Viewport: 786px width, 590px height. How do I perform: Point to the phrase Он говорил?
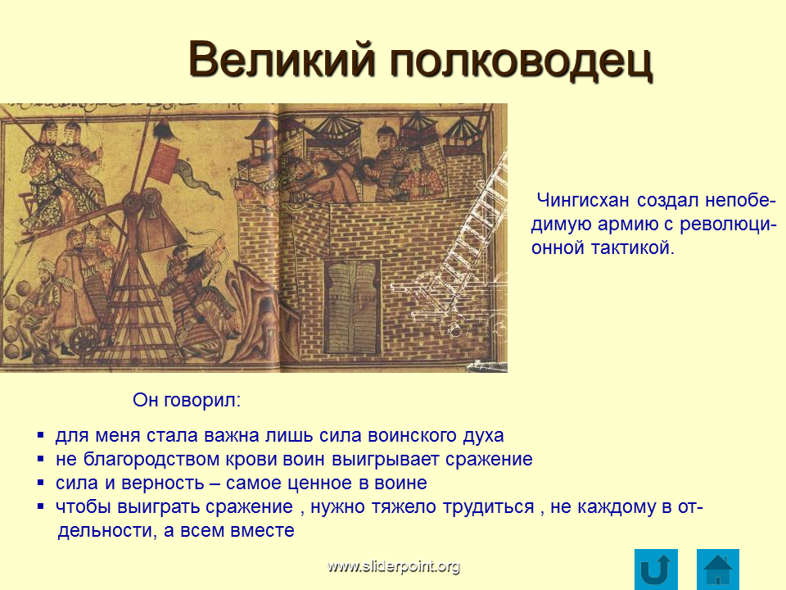[187, 401]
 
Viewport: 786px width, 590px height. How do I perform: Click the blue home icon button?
[718, 570]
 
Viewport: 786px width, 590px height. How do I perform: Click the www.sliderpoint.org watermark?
[394, 566]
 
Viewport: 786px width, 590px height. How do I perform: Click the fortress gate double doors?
[352, 306]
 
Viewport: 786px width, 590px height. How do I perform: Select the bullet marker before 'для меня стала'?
[41, 435]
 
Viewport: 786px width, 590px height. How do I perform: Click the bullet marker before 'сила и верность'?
[41, 483]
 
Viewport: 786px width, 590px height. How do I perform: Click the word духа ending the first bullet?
[483, 435]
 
